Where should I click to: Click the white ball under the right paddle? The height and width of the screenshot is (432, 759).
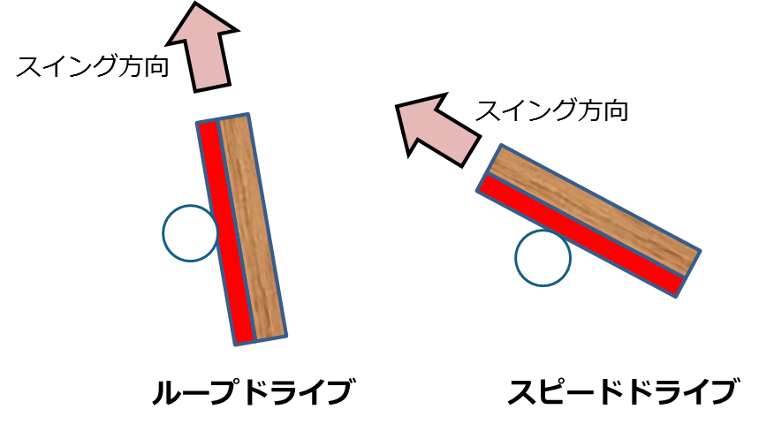click(x=543, y=257)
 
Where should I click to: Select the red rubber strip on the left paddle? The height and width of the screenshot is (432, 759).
click(x=226, y=231)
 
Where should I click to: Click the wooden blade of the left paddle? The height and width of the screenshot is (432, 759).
click(x=254, y=226)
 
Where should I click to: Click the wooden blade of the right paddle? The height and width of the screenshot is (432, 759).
click(x=596, y=210)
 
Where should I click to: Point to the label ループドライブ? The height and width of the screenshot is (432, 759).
click(x=252, y=392)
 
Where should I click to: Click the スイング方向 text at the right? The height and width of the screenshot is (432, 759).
click(x=551, y=111)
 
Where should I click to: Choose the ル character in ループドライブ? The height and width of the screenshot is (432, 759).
click(x=166, y=392)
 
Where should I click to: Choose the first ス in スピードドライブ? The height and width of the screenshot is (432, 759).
click(x=521, y=392)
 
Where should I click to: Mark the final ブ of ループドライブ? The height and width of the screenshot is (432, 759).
click(x=337, y=392)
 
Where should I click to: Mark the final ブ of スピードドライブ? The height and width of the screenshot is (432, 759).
click(x=722, y=392)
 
